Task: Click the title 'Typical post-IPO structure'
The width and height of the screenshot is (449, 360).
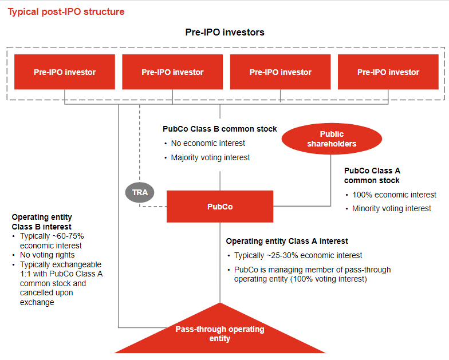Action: point(66,11)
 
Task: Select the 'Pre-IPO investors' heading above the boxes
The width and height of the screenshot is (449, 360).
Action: point(224,33)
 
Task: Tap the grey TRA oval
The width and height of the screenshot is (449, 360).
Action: point(140,192)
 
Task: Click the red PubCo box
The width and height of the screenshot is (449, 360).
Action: point(220,207)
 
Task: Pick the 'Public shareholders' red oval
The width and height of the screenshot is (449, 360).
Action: point(332,139)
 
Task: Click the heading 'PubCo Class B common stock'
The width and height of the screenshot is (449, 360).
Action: point(220,129)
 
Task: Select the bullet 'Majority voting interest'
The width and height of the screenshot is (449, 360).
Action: point(210,157)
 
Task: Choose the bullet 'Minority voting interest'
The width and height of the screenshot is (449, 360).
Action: point(392,208)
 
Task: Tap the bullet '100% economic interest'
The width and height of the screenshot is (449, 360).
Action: point(394,195)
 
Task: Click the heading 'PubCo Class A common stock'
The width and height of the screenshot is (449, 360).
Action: point(372,175)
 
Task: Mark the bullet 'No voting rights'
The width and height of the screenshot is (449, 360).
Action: point(48,255)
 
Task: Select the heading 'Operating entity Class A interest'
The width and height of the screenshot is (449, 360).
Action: point(287,241)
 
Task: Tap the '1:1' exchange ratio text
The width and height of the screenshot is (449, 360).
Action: point(27,274)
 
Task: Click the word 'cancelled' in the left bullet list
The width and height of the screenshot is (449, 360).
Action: point(36,292)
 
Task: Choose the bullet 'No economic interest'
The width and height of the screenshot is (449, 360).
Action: point(208,143)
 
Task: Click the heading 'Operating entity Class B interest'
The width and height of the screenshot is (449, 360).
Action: point(42,222)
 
